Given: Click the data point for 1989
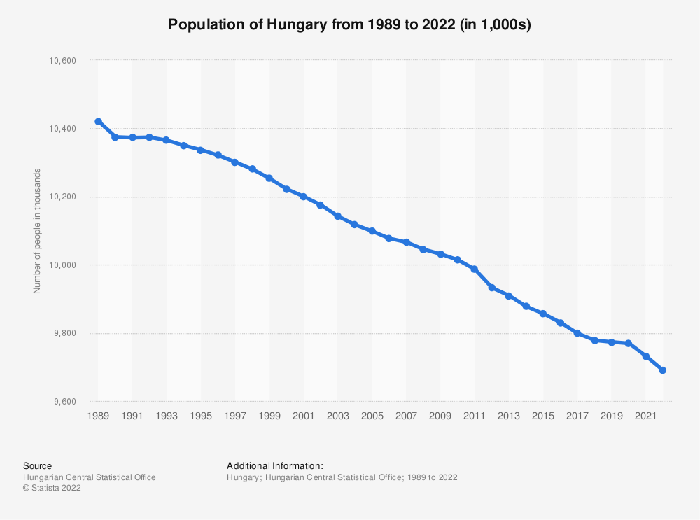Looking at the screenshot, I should [x=98, y=122].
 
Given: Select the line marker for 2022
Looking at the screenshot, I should [x=663, y=370].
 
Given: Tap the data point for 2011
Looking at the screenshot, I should [x=475, y=269].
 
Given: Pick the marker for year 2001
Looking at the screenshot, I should [x=303, y=197].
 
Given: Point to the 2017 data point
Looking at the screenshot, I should [x=577, y=333].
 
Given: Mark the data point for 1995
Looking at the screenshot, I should [x=201, y=150].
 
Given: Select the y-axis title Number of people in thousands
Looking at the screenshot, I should [x=38, y=231].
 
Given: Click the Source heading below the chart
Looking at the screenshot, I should [x=37, y=465].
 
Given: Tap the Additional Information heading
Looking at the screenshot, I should [x=275, y=465].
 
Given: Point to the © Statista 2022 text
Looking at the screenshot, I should [x=52, y=489].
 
